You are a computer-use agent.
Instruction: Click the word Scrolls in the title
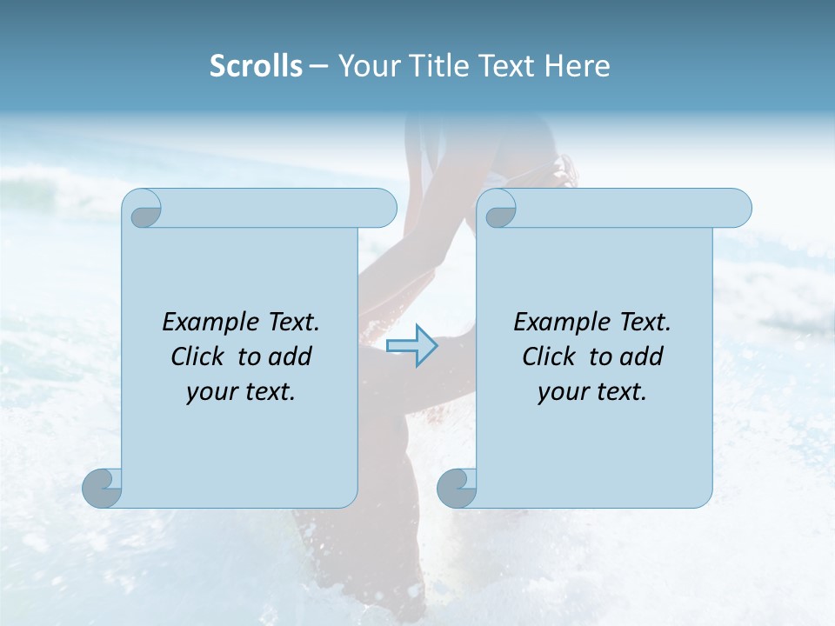click(x=256, y=66)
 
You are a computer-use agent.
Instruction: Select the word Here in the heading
click(x=577, y=66)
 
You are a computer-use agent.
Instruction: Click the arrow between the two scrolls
click(x=411, y=345)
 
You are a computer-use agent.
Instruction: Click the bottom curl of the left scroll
click(x=103, y=487)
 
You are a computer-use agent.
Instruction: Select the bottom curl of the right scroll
click(x=458, y=487)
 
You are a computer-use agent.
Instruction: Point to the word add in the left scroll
click(x=292, y=356)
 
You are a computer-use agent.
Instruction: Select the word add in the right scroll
click(x=644, y=356)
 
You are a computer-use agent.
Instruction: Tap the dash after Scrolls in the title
click(x=318, y=66)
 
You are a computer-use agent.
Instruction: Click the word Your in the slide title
click(x=366, y=66)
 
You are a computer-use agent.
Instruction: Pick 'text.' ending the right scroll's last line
click(x=618, y=392)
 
